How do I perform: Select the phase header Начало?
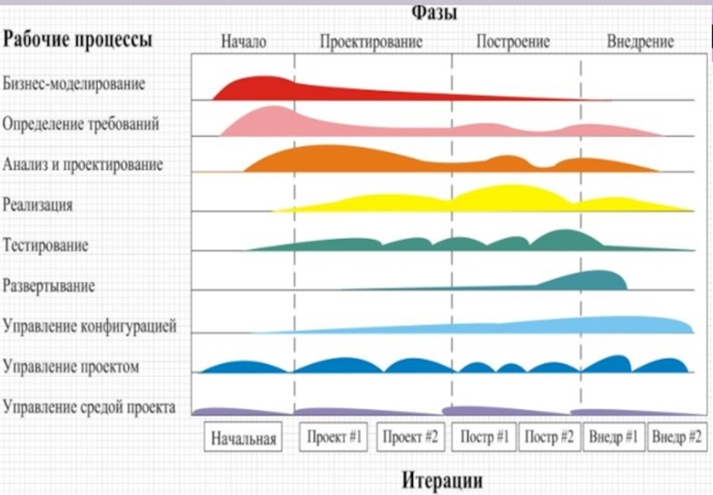pos(243,42)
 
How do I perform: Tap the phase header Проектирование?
pos(371,42)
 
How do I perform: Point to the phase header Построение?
pos(512,42)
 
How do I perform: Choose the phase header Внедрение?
pos(641,42)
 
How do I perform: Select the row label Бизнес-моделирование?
pos(74,83)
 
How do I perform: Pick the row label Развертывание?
pos(48,285)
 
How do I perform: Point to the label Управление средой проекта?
pos(89,406)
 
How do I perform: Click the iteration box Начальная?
pos(243,439)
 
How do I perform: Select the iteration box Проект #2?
pos(411,438)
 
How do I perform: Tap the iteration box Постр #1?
pos(484,438)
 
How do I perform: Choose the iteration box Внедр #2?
pos(676,438)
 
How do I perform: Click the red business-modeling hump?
pos(260,87)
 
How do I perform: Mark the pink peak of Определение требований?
pos(272,120)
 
